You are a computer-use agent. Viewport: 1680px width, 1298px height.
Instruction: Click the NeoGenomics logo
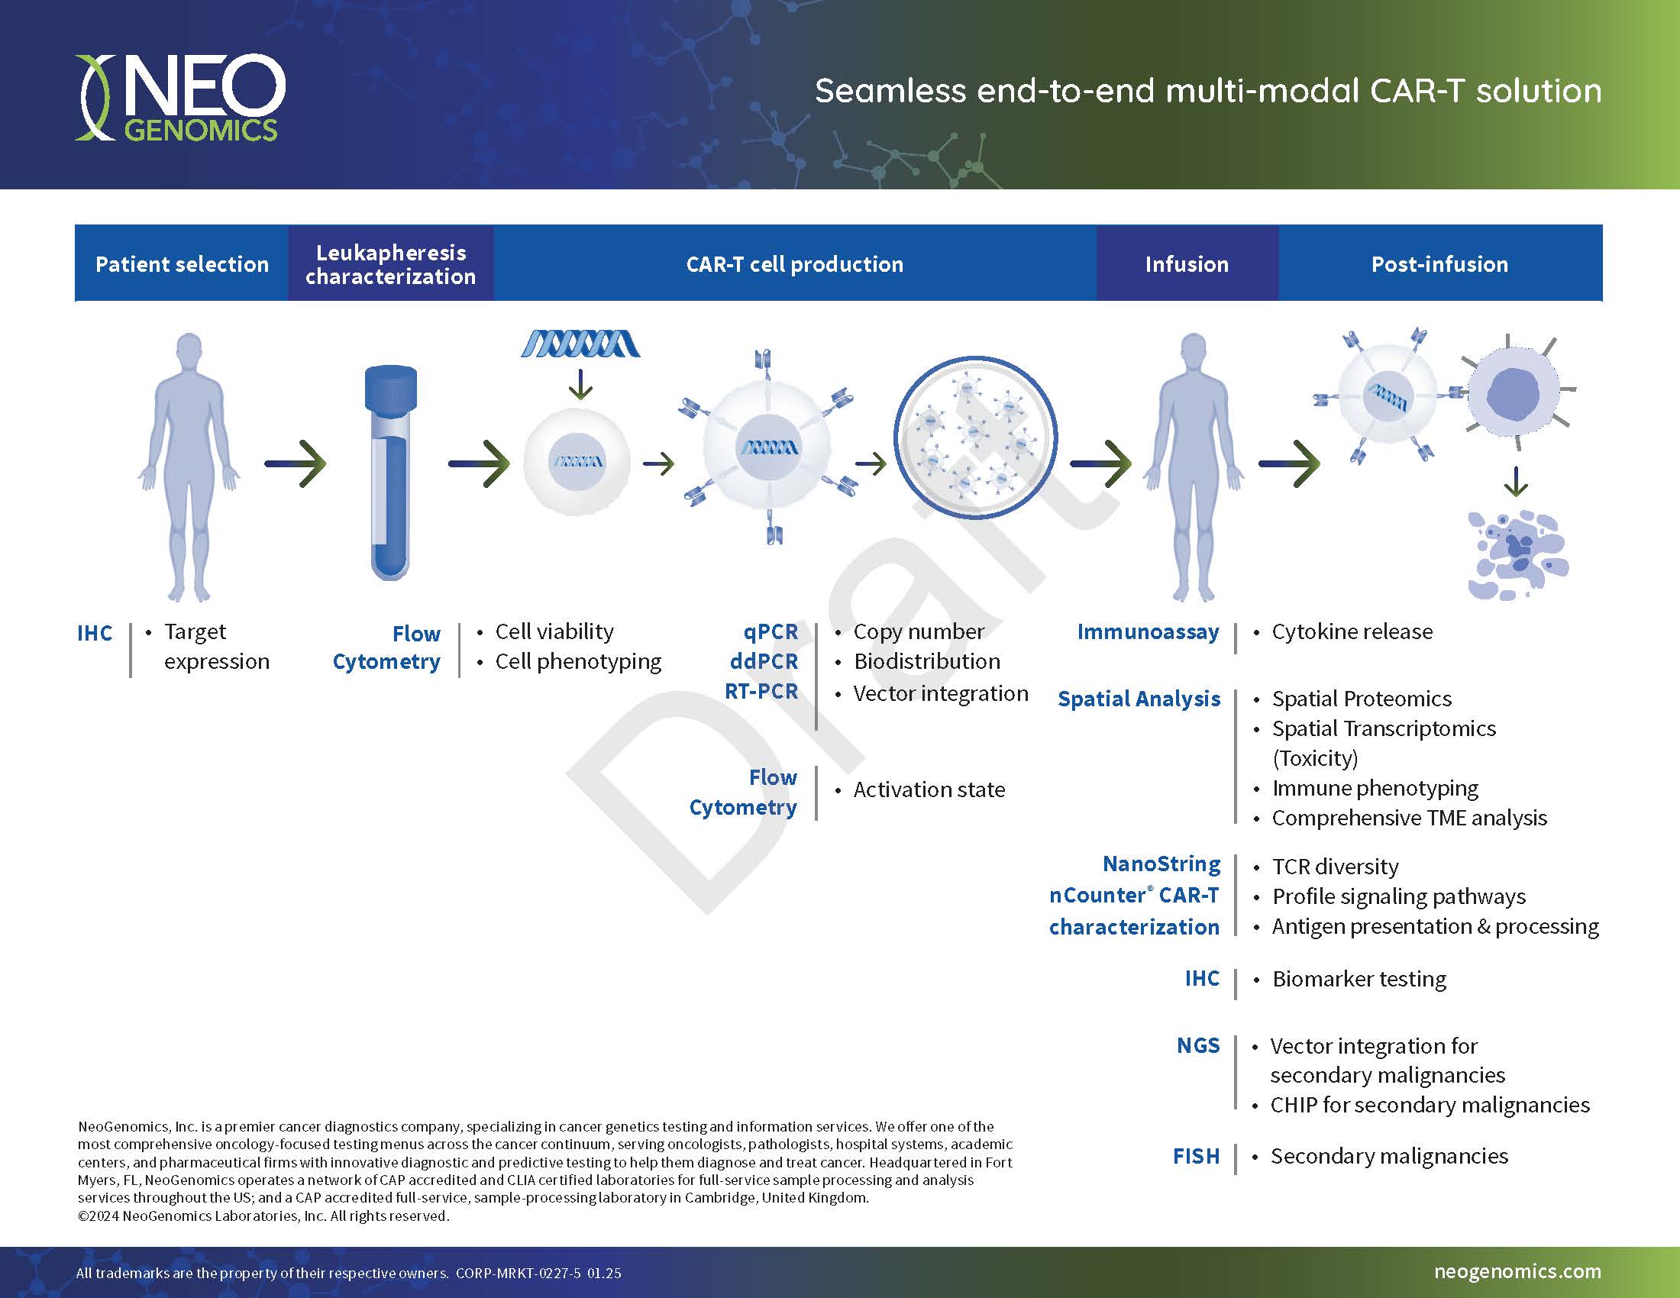[x=180, y=98]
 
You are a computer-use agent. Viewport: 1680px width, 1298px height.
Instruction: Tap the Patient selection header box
[x=182, y=263]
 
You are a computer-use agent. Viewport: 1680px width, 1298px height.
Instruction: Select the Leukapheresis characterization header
[x=391, y=263]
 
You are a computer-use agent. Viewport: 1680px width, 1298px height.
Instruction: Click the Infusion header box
[x=1187, y=263]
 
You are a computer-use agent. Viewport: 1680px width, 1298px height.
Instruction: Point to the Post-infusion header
[x=1439, y=263]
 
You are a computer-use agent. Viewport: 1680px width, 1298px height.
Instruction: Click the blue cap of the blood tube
[x=390, y=389]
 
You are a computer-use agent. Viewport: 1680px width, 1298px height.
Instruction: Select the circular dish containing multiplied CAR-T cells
[x=974, y=438]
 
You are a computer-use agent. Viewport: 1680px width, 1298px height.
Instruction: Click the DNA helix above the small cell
[x=580, y=344]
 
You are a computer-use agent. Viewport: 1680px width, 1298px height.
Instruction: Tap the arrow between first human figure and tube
[x=296, y=463]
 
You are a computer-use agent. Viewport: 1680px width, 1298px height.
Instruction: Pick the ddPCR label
[x=763, y=661]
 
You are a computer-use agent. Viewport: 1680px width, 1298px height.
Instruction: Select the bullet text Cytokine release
[x=1352, y=632]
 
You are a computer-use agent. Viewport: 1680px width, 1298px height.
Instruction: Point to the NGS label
[x=1197, y=1045]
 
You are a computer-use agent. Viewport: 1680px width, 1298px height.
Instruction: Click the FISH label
[x=1196, y=1156]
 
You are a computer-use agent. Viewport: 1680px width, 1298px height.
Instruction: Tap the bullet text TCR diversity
[x=1335, y=867]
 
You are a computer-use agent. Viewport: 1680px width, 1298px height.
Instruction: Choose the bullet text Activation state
[x=929, y=789]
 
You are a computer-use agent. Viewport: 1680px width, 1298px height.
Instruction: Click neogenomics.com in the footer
[x=1517, y=1271]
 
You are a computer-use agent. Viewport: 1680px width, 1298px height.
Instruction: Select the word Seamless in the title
[x=890, y=91]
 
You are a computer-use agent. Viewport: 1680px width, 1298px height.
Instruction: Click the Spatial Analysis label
[x=1139, y=699]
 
